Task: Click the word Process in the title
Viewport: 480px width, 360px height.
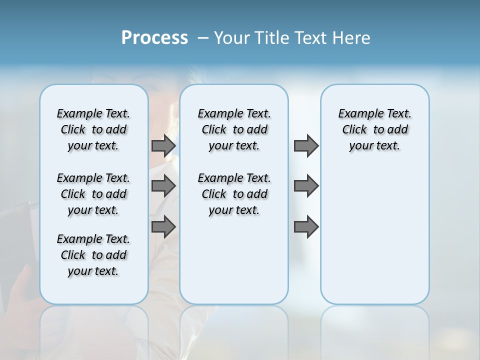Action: click(154, 37)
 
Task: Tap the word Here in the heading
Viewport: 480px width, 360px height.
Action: click(352, 38)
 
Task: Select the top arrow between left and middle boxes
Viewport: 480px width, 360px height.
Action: click(163, 145)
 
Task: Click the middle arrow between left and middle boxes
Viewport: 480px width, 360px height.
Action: click(163, 186)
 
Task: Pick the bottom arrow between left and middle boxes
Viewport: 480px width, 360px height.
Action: click(163, 227)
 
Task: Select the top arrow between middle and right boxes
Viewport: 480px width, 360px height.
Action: click(306, 145)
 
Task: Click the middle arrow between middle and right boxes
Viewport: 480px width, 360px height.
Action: click(306, 186)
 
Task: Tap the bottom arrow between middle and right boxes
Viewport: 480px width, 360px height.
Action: click(306, 227)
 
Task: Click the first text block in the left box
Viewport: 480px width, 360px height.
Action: click(93, 129)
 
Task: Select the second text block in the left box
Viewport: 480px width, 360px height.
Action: click(93, 194)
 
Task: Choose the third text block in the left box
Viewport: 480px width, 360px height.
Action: click(93, 255)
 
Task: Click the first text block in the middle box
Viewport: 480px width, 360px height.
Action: click(234, 129)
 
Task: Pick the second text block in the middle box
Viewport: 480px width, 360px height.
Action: click(234, 194)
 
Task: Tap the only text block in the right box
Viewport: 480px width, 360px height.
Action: click(374, 129)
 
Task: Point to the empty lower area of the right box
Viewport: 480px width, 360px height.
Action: click(374, 235)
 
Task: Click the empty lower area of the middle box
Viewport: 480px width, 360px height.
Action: click(234, 260)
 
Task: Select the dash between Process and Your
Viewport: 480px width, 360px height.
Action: click(203, 38)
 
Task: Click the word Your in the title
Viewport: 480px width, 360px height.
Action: click(232, 38)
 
